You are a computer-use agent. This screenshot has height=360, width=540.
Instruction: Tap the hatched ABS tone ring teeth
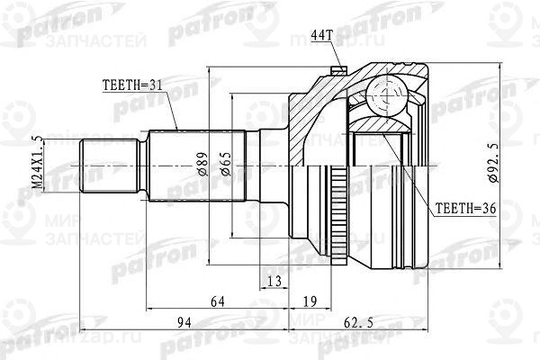coord(339,216)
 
